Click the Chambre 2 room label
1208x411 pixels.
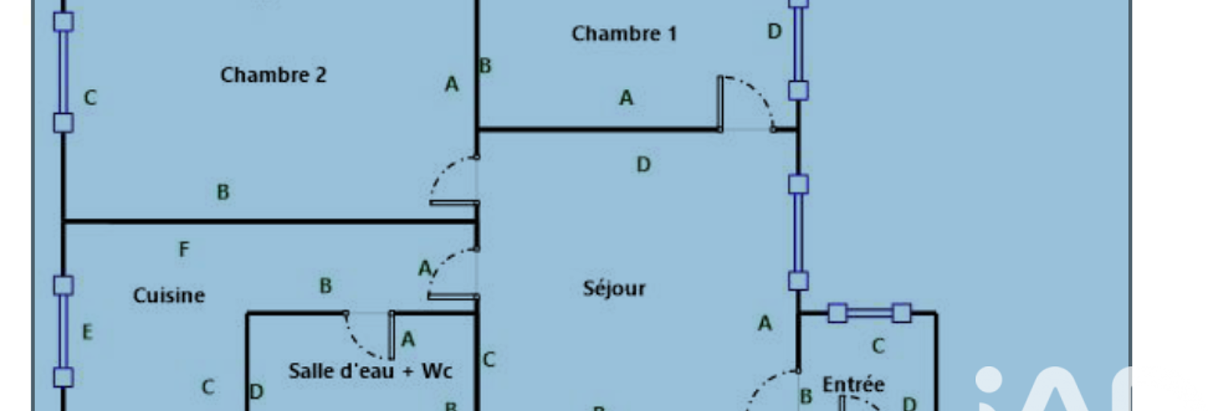[273, 75]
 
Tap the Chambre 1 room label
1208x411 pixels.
[624, 34]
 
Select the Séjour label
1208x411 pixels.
[614, 288]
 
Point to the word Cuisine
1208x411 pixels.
[169, 295]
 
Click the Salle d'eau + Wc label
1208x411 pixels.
[370, 371]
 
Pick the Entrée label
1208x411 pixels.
[853, 385]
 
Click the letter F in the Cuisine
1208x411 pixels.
[184, 250]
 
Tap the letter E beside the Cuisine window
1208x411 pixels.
[88, 332]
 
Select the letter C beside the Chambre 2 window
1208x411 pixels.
[90, 98]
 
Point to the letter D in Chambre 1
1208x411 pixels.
[774, 32]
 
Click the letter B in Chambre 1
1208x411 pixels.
[485, 66]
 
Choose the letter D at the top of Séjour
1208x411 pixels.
[643, 165]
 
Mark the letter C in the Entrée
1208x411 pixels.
[878, 346]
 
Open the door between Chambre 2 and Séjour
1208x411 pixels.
[454, 181]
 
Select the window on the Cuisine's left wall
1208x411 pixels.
[63, 332]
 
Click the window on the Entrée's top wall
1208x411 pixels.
[869, 312]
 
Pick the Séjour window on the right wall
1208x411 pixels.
[798, 233]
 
